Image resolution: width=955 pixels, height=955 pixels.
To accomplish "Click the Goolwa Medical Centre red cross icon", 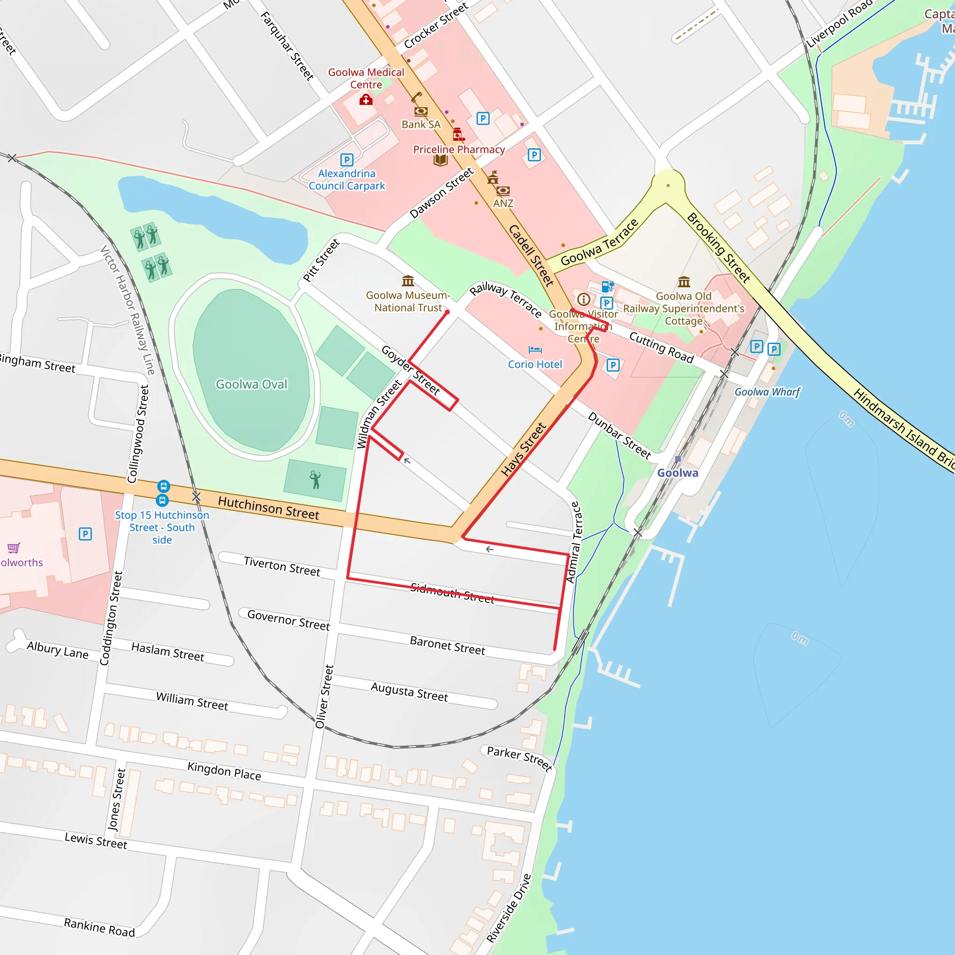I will (x=366, y=100).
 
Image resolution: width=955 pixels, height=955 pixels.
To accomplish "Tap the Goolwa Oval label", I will (x=251, y=384).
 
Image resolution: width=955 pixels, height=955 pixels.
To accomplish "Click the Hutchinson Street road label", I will (x=269, y=508).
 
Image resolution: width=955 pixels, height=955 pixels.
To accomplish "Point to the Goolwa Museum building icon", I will (x=408, y=281).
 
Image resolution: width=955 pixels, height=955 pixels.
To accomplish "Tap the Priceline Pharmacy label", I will (x=459, y=149).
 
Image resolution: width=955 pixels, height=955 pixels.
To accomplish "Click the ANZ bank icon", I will (x=503, y=190).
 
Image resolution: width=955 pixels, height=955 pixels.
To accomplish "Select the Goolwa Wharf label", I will (x=767, y=392).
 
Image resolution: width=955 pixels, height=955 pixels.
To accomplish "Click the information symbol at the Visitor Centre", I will (x=583, y=299).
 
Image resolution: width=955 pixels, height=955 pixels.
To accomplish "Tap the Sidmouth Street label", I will (x=452, y=593).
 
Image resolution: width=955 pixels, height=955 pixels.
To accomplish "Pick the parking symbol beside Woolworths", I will (x=85, y=534).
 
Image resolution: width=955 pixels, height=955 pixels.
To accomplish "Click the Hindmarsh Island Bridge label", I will (x=905, y=430).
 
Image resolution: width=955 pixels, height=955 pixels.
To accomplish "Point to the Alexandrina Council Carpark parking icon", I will (x=346, y=159).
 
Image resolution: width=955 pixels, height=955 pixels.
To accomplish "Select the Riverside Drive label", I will (x=509, y=907).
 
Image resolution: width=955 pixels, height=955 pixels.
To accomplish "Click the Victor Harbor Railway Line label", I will (x=127, y=310).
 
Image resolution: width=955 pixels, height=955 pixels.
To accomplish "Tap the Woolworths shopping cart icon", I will (x=14, y=548).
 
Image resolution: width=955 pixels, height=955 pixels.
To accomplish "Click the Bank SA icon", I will (x=421, y=111).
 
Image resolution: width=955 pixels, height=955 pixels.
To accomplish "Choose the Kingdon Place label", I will (x=224, y=771).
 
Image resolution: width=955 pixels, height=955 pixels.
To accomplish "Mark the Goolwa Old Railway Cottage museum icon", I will (x=684, y=282).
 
